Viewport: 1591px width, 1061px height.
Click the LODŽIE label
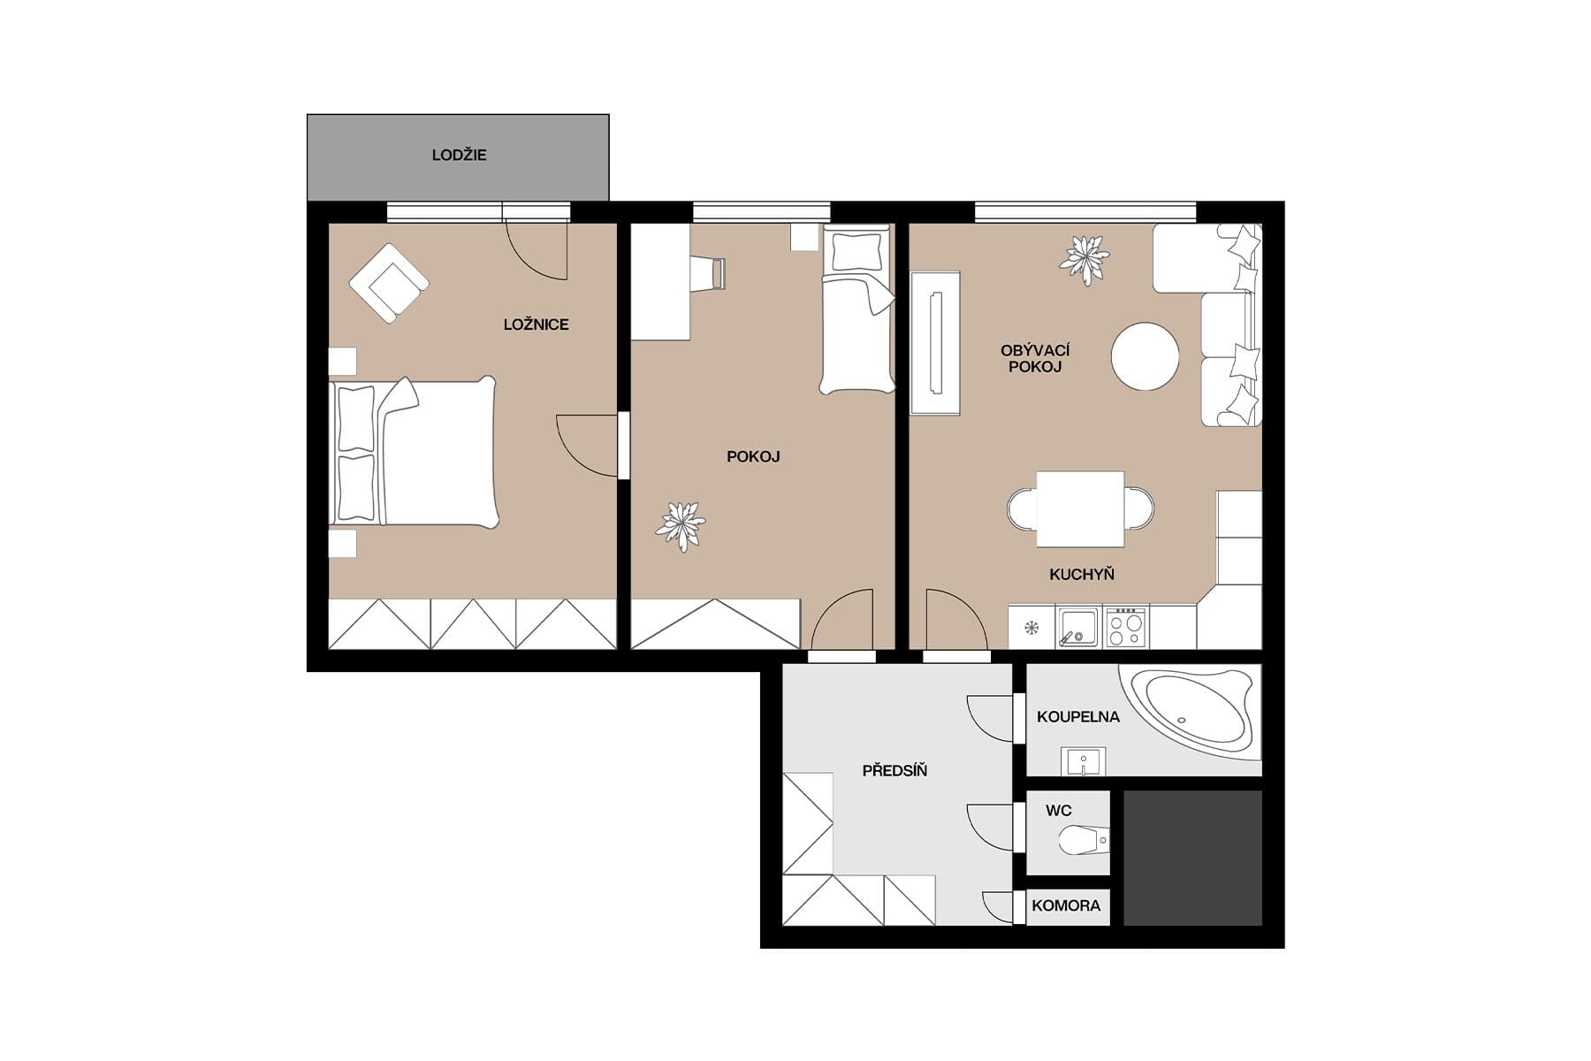[x=459, y=155]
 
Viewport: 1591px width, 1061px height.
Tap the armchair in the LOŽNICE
[x=389, y=283]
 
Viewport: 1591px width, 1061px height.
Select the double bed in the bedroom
[x=414, y=453]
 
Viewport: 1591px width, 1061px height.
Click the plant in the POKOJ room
[x=681, y=526]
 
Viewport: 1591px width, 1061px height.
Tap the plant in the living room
[x=1085, y=259]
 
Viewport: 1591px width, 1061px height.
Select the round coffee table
[x=1145, y=356]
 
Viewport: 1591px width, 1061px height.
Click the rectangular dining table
[x=1080, y=509]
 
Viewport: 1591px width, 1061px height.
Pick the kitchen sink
[x=1077, y=627]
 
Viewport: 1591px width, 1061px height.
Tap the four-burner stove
[x=1126, y=627]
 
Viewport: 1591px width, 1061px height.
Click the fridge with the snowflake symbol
[x=1031, y=629]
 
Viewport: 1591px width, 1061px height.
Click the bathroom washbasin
[x=1084, y=761]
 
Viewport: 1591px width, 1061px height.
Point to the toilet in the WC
[x=1083, y=841]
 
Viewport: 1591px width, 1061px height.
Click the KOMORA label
[x=1066, y=905]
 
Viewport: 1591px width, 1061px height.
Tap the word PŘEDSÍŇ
[x=894, y=771]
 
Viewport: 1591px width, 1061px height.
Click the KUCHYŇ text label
[x=1081, y=575]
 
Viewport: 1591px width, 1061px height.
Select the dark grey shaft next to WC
[x=1192, y=858]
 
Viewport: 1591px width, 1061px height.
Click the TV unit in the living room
[x=935, y=343]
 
